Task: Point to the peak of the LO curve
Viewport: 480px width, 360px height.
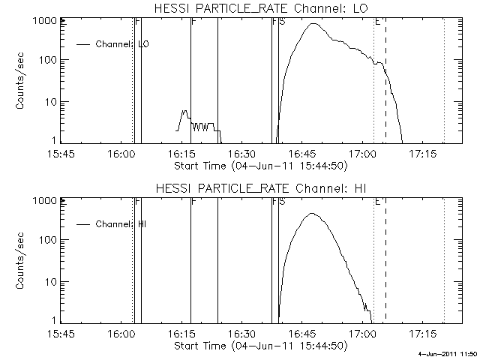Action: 314,24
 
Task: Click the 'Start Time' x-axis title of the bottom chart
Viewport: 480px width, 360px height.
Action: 259,346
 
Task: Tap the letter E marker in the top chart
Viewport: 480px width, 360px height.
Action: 377,22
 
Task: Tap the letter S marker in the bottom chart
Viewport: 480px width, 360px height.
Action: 282,202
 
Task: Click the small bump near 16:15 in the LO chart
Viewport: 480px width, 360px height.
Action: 184,112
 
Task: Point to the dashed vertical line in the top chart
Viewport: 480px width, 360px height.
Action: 385,97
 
